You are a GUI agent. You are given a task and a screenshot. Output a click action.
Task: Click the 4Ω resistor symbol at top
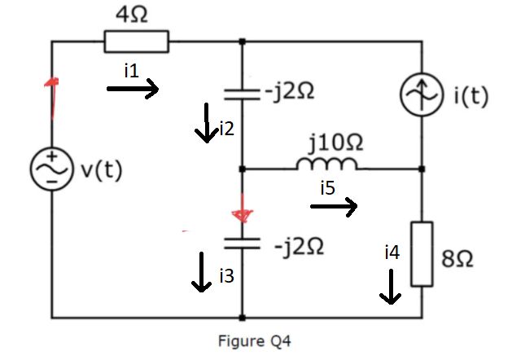[136, 41]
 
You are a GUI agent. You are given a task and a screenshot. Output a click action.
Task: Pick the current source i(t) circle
[422, 96]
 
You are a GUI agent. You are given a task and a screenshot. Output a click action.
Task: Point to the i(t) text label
[470, 96]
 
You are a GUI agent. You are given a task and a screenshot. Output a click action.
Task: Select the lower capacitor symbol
[242, 242]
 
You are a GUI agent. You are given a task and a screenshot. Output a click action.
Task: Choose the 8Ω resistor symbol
[422, 253]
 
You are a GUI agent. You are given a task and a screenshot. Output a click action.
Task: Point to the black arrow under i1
[133, 90]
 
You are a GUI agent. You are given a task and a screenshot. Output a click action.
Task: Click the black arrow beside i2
[208, 121]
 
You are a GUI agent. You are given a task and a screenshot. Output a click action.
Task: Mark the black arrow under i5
[333, 209]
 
